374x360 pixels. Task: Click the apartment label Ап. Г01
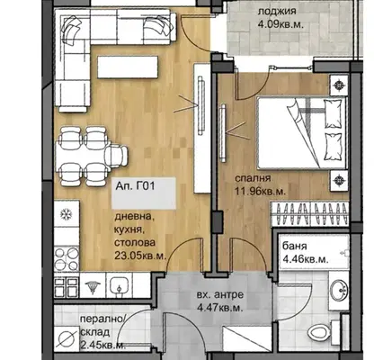click(135, 186)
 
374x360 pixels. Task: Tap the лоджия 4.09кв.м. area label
click(280, 18)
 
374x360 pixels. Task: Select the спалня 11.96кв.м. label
click(260, 184)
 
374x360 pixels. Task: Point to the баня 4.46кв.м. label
click(306, 253)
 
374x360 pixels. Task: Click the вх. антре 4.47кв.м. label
click(220, 301)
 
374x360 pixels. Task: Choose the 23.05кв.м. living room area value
click(140, 256)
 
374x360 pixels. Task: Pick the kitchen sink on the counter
click(119, 285)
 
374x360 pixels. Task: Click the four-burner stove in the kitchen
click(67, 259)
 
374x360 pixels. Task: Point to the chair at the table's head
click(117, 156)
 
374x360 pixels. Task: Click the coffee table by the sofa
click(128, 67)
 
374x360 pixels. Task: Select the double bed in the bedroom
click(302, 132)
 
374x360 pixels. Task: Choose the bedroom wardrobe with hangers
click(310, 213)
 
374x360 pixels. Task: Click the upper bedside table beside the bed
click(339, 85)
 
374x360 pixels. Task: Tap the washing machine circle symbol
click(67, 338)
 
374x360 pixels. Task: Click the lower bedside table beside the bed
click(339, 181)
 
